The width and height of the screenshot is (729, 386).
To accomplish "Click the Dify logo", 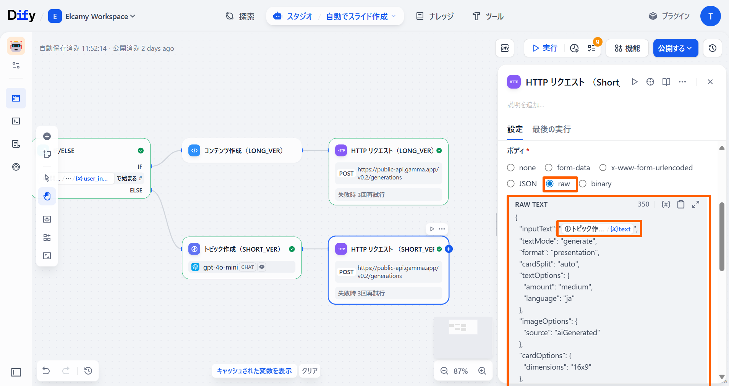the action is [x=21, y=15].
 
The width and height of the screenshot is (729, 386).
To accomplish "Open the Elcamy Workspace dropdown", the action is [x=92, y=16].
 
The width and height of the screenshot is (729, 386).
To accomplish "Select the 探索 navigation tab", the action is [x=240, y=16].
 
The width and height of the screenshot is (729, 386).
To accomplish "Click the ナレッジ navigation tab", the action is [x=435, y=16].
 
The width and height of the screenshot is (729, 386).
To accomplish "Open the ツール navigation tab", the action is [x=488, y=16].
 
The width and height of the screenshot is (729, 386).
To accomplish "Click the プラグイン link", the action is [x=669, y=16].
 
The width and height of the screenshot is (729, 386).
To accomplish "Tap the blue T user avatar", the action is [x=710, y=16].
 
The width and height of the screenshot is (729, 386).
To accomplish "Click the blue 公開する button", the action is [x=676, y=48].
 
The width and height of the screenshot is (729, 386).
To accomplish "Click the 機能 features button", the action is [x=627, y=48].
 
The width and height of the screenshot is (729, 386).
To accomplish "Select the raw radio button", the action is [x=550, y=184].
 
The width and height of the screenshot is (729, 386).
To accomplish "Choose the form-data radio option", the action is [x=549, y=168].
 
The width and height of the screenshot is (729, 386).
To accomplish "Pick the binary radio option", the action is [x=583, y=184].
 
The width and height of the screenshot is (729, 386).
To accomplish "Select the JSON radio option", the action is [x=511, y=184].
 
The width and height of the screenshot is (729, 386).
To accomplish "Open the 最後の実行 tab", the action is [x=551, y=129].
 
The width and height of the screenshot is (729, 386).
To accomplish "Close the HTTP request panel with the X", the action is [x=710, y=82].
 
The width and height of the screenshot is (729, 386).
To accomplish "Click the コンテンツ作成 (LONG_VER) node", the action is [x=242, y=150].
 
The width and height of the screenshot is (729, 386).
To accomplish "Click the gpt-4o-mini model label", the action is [x=220, y=267].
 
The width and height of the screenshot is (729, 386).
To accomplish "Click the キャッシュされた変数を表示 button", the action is [x=254, y=371].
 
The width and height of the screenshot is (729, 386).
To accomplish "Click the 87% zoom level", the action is [x=460, y=371].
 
